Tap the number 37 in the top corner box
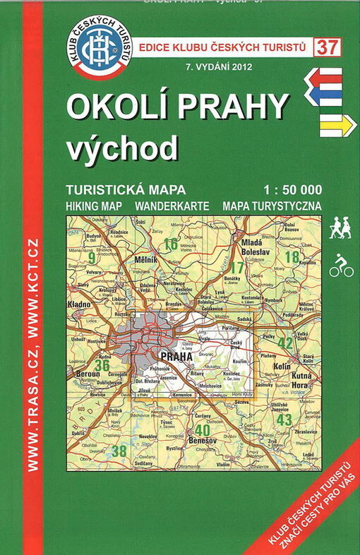coord(326,48)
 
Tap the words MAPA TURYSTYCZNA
coord(272,205)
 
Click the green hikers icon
coord(340,227)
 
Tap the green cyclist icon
coord(340,265)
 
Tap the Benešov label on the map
coord(203,440)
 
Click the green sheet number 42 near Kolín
coord(285,344)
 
